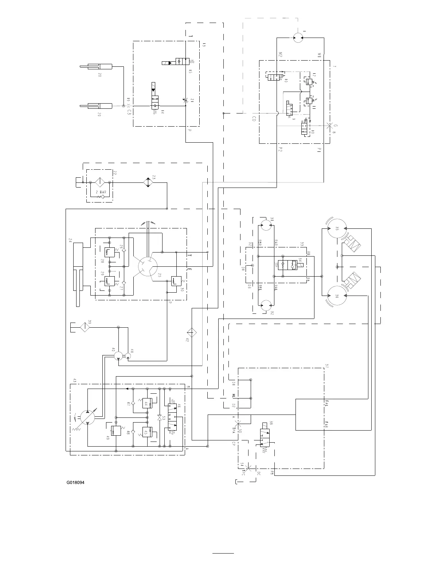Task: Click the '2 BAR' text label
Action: coord(101,192)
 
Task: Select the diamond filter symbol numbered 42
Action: coord(192,332)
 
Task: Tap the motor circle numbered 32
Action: coord(266,306)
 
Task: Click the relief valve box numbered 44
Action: coord(147,403)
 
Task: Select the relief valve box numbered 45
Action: coord(147,432)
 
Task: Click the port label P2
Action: coord(280,150)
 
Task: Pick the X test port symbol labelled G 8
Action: coord(330,126)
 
